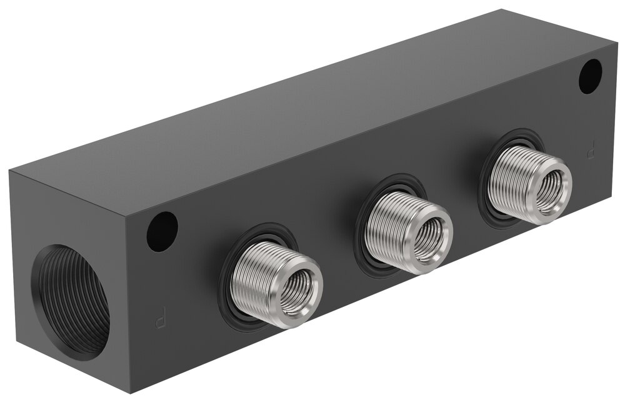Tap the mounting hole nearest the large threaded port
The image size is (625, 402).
[x=162, y=231]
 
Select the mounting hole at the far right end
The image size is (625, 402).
[x=590, y=76]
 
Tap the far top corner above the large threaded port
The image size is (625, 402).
[x=10, y=171]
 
